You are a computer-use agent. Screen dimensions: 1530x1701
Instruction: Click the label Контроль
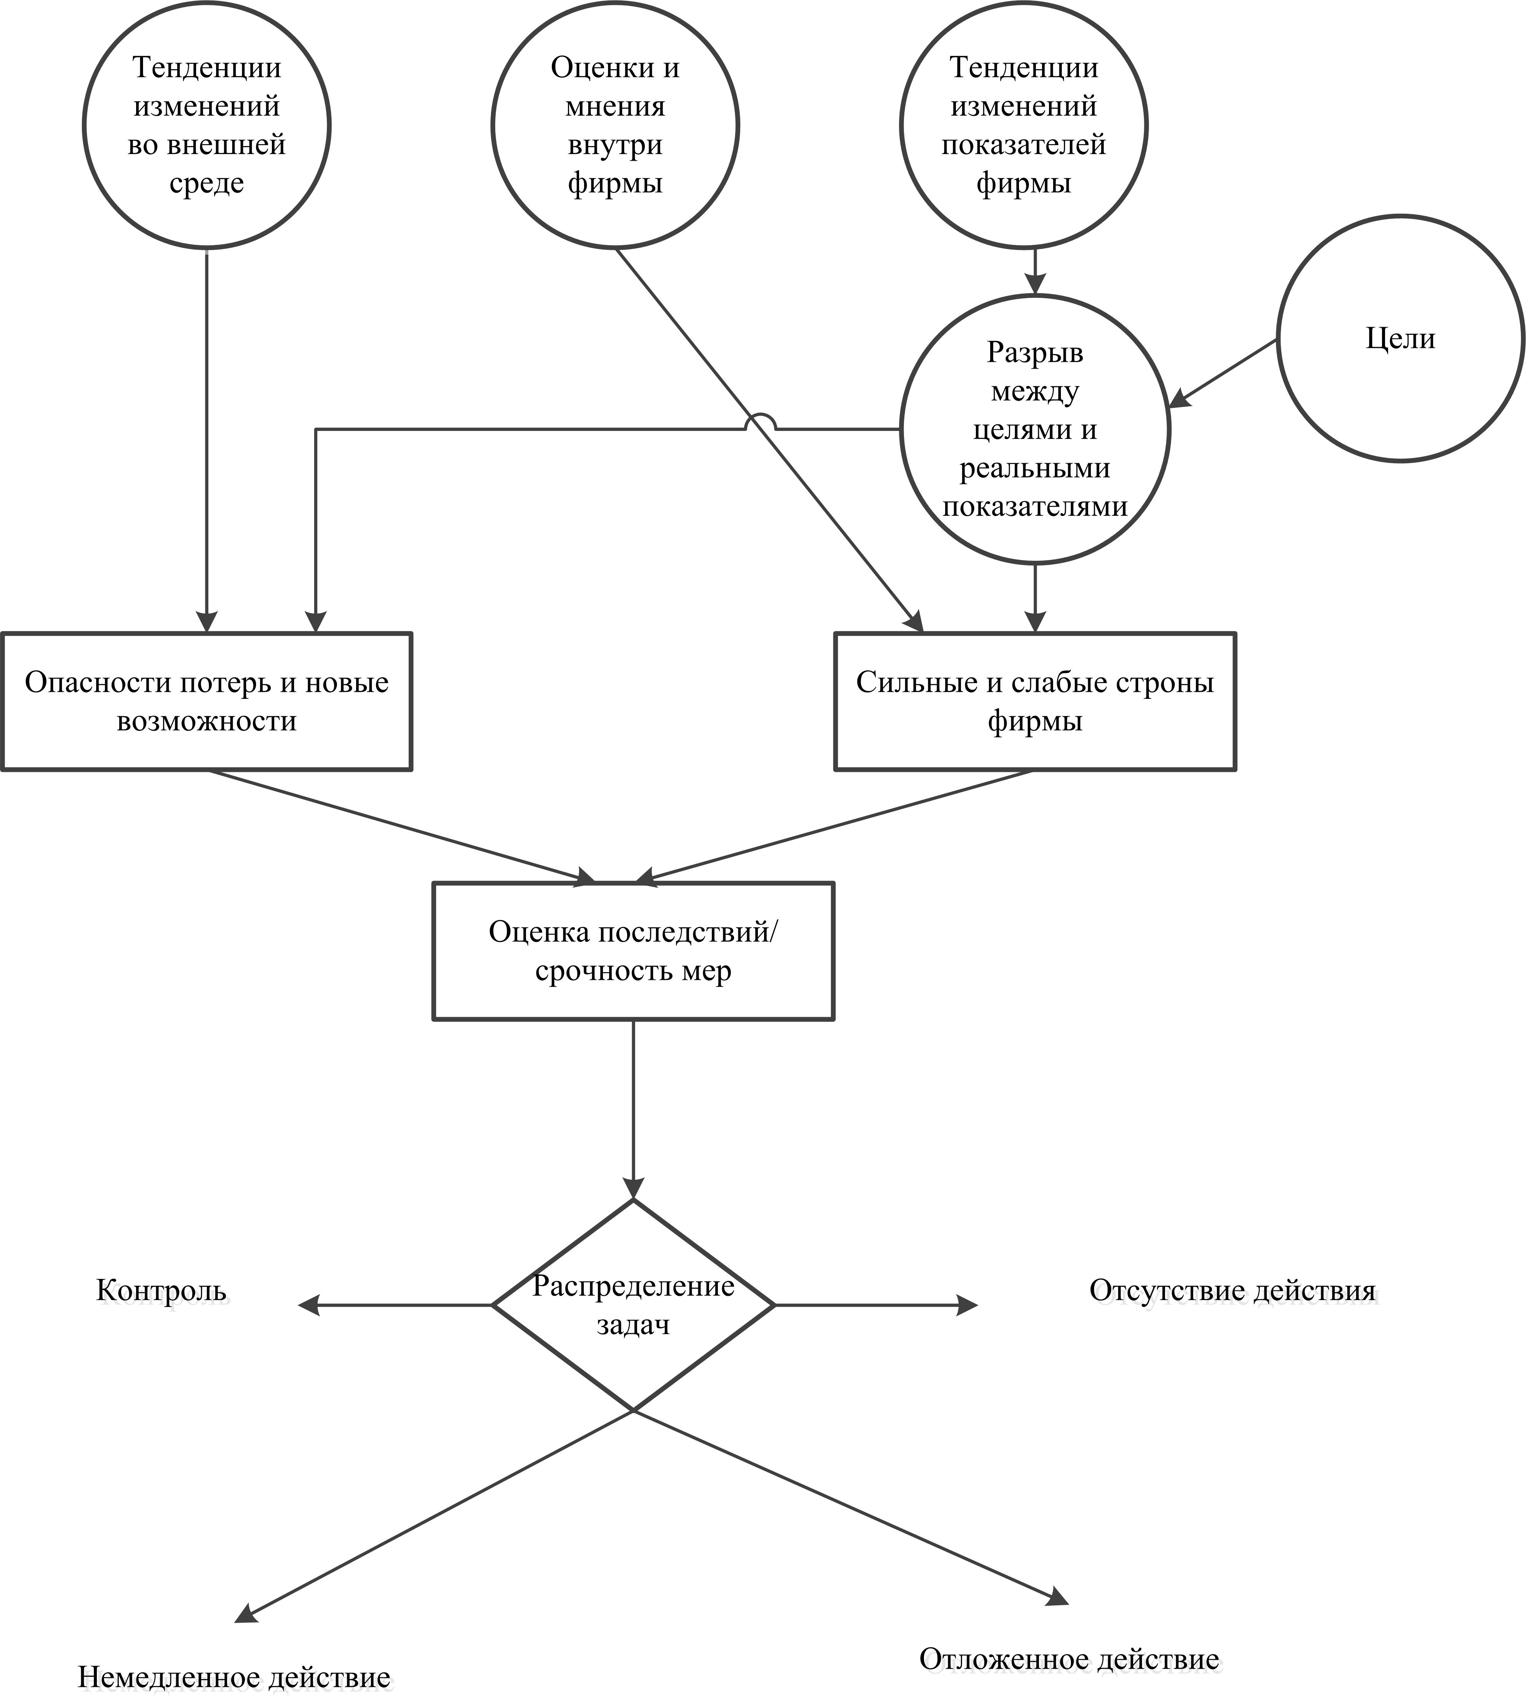pyautogui.click(x=161, y=1290)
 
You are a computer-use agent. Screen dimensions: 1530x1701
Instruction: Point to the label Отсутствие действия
pyautogui.click(x=1232, y=1290)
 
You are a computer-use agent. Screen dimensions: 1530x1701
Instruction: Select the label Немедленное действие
pyautogui.click(x=235, y=1678)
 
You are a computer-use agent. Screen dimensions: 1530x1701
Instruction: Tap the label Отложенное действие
pyautogui.click(x=1069, y=1635)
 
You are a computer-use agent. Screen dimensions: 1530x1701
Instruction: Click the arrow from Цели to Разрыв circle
pyautogui.click(x=1224, y=374)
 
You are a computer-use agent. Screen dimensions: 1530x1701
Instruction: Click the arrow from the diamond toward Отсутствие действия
pyautogui.click(x=876, y=1305)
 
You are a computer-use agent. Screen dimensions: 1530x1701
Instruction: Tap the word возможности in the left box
pyautogui.click(x=207, y=721)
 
